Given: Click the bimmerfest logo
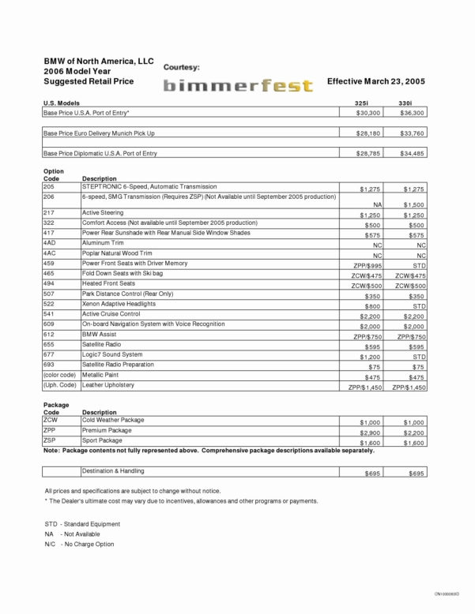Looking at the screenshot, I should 238,86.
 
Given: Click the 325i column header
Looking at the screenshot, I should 361,103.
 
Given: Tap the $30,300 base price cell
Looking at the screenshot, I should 368,114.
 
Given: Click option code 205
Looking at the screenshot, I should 49,186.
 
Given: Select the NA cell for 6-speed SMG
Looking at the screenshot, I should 377,204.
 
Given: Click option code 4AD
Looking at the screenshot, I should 49,244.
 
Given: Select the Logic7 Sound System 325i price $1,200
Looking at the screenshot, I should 369,356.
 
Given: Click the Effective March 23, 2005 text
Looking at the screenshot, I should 376,81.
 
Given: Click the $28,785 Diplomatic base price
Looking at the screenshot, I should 368,154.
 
